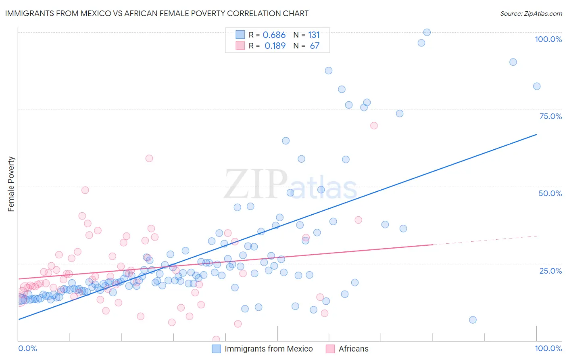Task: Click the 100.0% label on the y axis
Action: pos(548,39)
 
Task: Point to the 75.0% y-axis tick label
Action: pos(550,116)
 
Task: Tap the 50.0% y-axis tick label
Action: pos(550,193)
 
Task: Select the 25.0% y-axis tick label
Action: pos(550,270)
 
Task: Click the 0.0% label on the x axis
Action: pos(27,348)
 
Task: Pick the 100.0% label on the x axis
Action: pos(548,348)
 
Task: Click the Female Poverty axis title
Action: pos(11,184)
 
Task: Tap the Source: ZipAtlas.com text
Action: pos(531,13)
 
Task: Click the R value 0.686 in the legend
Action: pos(274,35)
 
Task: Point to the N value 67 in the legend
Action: pos(315,46)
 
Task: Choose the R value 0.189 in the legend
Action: pos(275,46)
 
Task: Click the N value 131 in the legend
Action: pos(314,35)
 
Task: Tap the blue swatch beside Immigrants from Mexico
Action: pos(217,349)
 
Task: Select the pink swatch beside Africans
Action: pos(330,349)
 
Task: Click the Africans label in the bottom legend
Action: pos(353,349)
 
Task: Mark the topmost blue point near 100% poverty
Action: pos(427,32)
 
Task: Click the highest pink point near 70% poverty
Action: pos(374,126)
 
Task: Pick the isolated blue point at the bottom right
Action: pos(473,320)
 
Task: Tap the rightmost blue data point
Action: pos(536,86)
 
